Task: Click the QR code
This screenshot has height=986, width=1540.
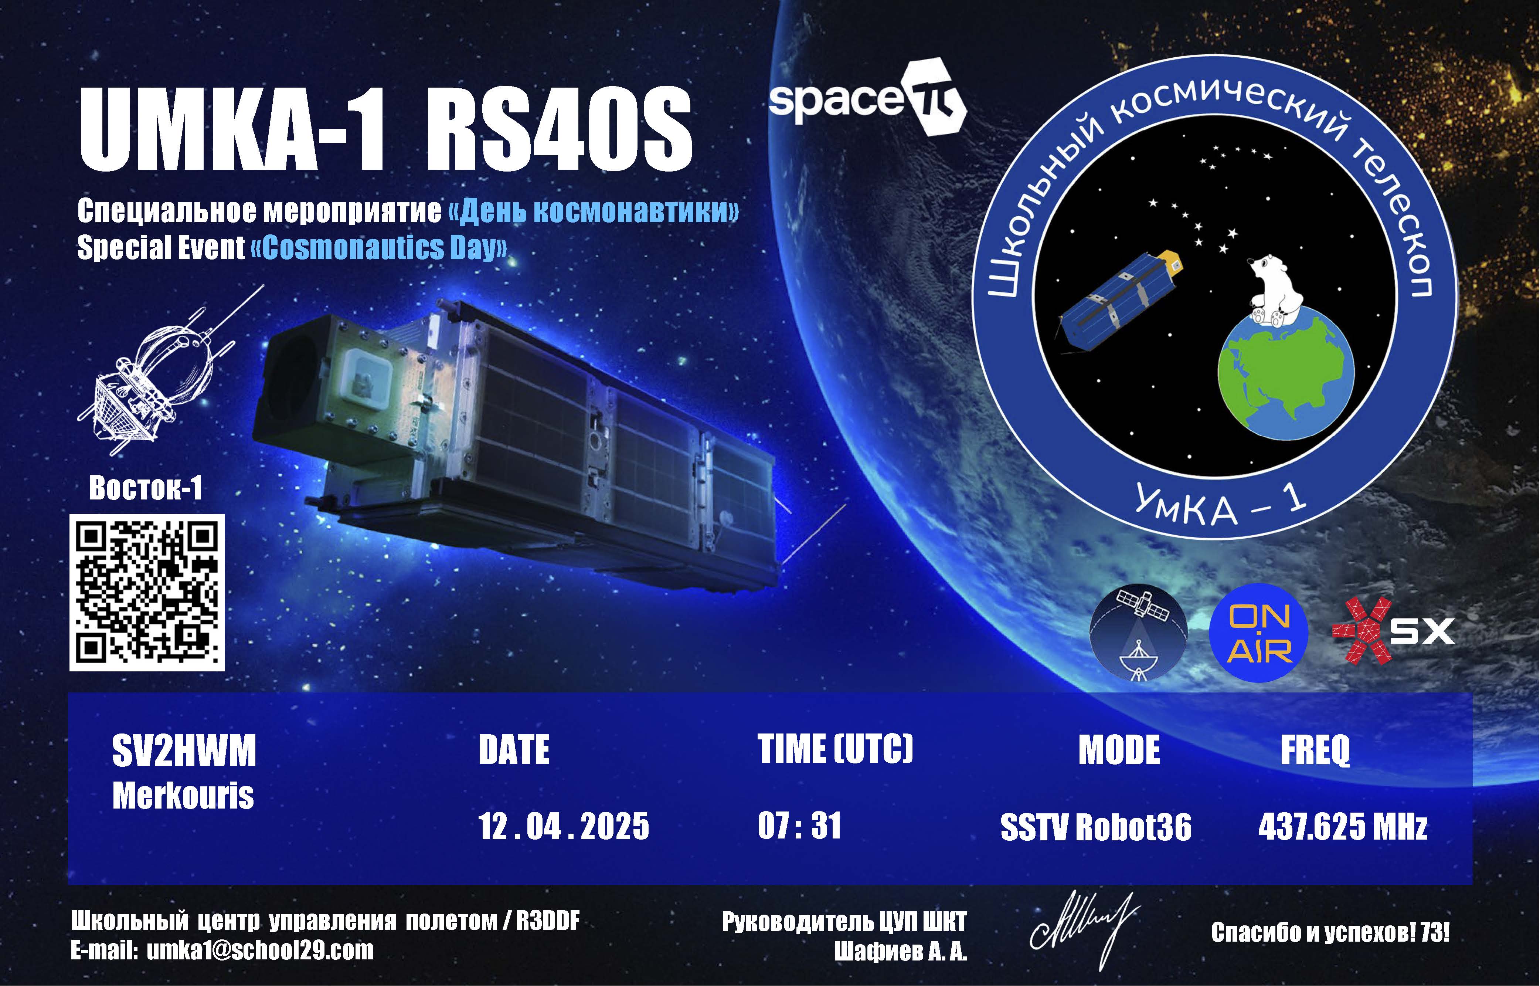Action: click(147, 592)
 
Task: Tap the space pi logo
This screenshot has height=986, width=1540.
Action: click(867, 97)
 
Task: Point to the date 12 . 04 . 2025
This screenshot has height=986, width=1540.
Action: click(563, 826)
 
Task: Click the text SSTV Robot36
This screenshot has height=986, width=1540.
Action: click(1096, 827)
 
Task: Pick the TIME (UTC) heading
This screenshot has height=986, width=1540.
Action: click(835, 749)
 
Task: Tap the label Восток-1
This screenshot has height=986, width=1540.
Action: click(146, 488)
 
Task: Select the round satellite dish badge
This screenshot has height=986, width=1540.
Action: click(1139, 633)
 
